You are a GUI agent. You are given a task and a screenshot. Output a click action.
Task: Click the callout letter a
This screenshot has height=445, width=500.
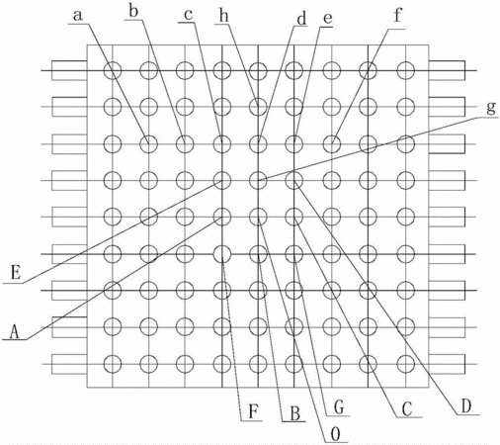tap(77, 16)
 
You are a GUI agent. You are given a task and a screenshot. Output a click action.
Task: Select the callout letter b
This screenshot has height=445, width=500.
tap(133, 11)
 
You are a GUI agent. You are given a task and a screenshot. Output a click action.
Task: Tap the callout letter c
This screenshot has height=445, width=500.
tap(188, 16)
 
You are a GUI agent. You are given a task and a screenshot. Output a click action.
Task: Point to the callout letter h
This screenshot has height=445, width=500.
tap(224, 16)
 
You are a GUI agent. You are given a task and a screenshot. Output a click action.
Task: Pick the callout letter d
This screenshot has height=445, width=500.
tap(301, 18)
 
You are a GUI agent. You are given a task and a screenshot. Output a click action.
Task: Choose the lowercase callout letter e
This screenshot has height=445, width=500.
tap(327, 19)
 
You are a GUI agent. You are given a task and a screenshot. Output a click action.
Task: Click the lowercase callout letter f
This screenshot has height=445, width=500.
tap(398, 15)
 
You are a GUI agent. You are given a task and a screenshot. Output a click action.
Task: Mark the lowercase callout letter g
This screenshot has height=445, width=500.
tap(491, 108)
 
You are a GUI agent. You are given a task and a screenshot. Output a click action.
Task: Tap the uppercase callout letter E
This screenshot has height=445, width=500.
tap(16, 273)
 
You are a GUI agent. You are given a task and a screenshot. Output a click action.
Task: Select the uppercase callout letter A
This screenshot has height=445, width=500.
tap(14, 331)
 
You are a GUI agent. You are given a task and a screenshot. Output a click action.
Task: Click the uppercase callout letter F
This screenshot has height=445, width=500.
tap(253, 412)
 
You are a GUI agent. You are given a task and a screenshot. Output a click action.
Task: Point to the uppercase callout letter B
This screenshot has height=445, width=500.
tap(294, 413)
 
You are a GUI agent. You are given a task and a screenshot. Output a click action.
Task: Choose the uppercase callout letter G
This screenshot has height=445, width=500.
tap(339, 407)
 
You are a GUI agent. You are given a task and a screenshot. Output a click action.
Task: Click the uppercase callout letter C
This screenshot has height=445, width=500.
tap(407, 409)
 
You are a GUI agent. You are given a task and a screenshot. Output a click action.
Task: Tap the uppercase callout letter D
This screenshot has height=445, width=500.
tap(466, 406)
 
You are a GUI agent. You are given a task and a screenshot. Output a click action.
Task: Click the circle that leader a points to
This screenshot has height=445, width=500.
tap(148, 135)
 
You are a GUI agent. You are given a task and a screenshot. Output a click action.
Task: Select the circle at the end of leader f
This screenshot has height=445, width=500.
tap(332, 135)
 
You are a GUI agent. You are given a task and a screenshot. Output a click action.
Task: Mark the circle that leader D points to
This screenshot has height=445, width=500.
tap(293, 172)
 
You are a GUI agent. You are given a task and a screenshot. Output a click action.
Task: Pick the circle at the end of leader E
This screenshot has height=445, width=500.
tap(222, 172)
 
